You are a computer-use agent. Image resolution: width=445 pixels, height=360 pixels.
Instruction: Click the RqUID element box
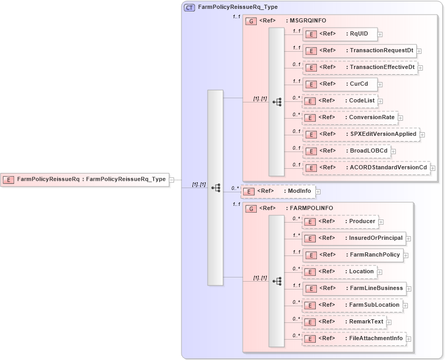click(x=340, y=34)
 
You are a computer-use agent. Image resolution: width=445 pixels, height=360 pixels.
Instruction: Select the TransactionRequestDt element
click(x=360, y=51)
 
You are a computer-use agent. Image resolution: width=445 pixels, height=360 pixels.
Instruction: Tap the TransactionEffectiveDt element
click(x=360, y=67)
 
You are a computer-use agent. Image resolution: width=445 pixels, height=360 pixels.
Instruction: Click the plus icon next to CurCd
click(x=380, y=85)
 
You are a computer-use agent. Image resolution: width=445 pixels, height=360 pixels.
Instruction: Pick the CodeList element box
click(x=340, y=101)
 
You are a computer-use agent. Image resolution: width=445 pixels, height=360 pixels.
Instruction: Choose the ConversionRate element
click(x=350, y=118)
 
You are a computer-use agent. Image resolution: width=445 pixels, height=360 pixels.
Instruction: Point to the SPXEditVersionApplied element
click(x=361, y=134)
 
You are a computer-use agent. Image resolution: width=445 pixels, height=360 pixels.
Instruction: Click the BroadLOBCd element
click(x=347, y=151)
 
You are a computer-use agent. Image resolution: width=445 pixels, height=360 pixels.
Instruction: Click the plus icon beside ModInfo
click(x=318, y=192)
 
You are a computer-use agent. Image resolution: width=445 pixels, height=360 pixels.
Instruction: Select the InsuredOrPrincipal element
click(x=354, y=238)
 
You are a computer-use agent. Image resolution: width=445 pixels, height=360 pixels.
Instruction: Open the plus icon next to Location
click(x=380, y=272)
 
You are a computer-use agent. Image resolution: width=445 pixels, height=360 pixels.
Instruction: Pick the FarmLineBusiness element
click(x=354, y=288)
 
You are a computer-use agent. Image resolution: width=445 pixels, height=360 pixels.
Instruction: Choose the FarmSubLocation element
click(x=352, y=305)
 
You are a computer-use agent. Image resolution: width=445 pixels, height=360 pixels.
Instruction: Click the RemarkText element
click(x=344, y=322)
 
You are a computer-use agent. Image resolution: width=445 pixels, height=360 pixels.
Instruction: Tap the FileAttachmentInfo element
click(x=354, y=339)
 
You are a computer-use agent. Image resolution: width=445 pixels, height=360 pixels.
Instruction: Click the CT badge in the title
click(x=190, y=7)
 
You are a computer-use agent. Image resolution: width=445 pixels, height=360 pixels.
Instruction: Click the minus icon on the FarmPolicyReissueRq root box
click(x=172, y=180)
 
